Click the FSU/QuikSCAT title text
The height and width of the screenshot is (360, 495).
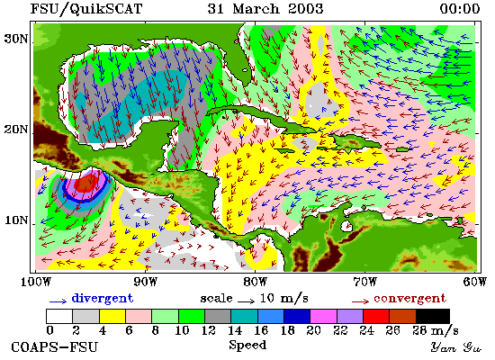coord(86,8)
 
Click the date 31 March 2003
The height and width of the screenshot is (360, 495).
coord(265,8)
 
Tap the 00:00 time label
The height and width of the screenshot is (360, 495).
coord(460,8)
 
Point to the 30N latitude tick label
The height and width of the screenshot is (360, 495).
coord(15,39)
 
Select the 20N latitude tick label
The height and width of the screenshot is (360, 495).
coord(15,130)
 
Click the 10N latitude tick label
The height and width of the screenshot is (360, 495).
coord(15,220)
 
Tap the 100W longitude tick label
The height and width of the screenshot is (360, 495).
coord(36,282)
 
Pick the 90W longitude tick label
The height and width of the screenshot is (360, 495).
coord(145,282)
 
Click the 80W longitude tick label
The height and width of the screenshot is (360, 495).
coord(255,282)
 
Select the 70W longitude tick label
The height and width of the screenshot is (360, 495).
coord(364,282)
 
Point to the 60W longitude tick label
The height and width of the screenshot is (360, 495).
coord(474,282)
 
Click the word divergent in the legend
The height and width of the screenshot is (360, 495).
coord(103,298)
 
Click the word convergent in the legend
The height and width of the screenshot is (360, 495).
coord(409,299)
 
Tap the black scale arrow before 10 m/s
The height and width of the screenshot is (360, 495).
coord(247,301)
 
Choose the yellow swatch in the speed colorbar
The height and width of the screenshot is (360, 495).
coord(112,316)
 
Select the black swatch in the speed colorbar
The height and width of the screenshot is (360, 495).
coord(433,316)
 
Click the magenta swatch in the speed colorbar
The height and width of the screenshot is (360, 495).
coord(323,316)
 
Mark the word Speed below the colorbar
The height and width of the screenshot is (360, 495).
coord(247,345)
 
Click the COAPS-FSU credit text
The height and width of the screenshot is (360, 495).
coord(54,347)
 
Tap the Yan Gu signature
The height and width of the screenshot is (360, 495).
coord(456,347)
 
